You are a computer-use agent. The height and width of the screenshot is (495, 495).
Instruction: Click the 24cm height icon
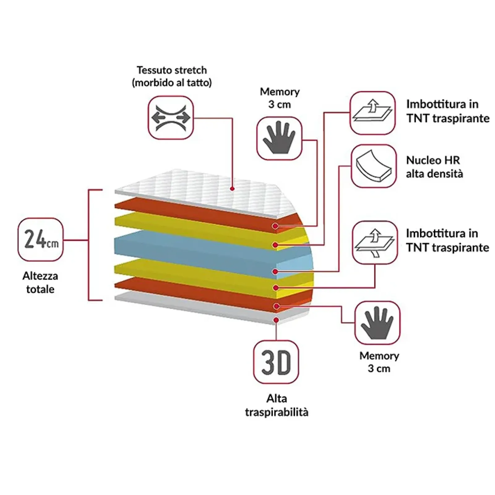click(41, 239)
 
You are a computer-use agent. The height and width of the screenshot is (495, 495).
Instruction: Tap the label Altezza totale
click(40, 282)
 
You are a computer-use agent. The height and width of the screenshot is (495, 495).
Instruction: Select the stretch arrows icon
click(171, 118)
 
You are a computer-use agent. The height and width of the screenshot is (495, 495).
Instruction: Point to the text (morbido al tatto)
click(172, 83)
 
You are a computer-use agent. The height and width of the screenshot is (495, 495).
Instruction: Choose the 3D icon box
click(276, 362)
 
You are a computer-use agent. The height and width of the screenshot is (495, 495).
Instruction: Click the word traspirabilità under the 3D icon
click(277, 412)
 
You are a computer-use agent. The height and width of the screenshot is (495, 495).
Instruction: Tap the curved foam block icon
click(374, 166)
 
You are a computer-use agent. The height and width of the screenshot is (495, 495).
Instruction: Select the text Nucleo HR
click(433, 160)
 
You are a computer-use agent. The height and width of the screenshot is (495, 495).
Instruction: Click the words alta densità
click(434, 174)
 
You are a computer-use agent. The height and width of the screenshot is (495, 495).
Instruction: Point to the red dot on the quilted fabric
click(232, 189)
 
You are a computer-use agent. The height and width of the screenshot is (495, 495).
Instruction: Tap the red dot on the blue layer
click(275, 272)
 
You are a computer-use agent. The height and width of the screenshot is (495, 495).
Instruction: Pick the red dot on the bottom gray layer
click(276, 320)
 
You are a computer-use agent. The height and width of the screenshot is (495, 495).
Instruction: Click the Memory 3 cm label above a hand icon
click(280, 98)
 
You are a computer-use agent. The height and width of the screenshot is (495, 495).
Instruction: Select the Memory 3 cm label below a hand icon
click(379, 362)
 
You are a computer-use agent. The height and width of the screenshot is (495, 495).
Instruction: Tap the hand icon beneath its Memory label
click(279, 138)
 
